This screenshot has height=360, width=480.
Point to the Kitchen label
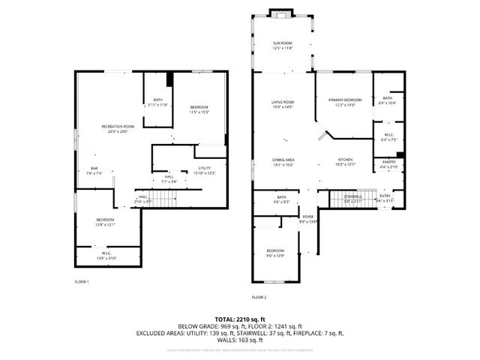pos(345,160)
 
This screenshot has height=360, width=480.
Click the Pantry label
pos(388,162)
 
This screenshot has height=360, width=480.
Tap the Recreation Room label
pos(118,126)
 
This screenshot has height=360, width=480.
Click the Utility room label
pos(205,168)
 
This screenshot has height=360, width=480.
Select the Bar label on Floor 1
pos(94,168)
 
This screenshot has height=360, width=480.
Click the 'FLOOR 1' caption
pos(82,282)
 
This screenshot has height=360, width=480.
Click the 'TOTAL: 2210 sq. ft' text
pos(240,319)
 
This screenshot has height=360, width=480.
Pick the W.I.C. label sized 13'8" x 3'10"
pos(106,254)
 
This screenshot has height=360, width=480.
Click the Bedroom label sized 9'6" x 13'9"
pos(275,250)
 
